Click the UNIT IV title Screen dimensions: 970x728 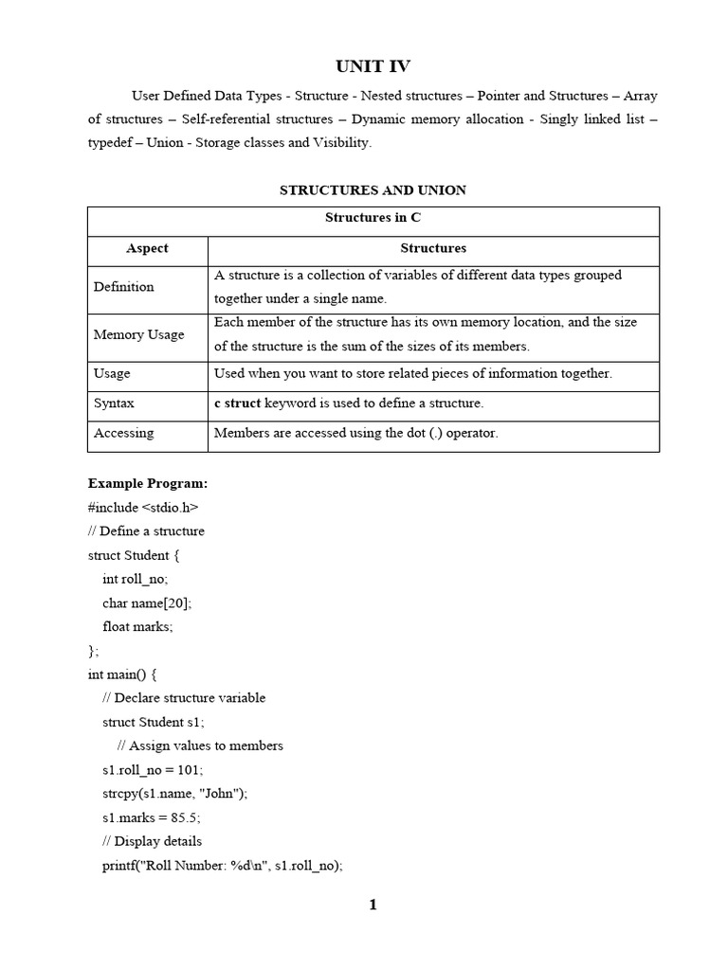pos(373,65)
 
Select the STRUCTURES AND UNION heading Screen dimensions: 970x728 pos(373,190)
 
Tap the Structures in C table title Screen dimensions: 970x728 pos(373,218)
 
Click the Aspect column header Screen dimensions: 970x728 pos(147,248)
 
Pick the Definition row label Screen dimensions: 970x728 pos(124,286)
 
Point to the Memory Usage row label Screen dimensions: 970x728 pos(138,334)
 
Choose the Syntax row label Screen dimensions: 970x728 pos(114,403)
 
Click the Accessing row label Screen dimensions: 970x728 pos(123,433)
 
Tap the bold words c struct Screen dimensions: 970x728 pos(237,403)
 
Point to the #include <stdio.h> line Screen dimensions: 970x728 pos(143,507)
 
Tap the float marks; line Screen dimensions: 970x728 pos(137,626)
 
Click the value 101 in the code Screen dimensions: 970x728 pos(189,769)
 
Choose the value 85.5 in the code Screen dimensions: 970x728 pos(184,817)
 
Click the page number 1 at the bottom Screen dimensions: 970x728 pos(373,905)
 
